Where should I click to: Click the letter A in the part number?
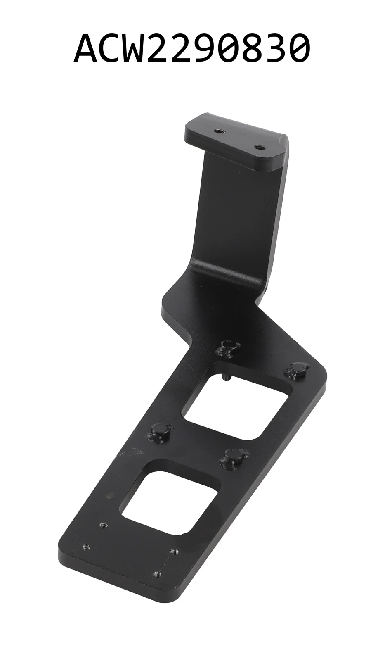[x=87, y=50]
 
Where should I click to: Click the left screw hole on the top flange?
[x=218, y=131]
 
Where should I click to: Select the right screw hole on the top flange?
[x=259, y=146]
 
